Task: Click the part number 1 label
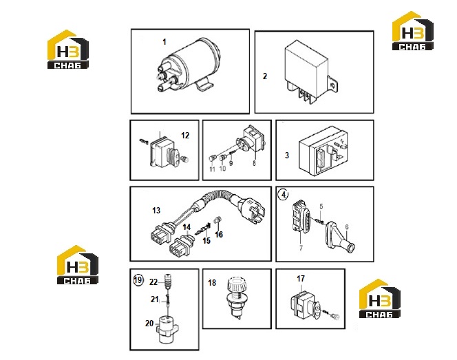164,42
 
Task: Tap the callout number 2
265,76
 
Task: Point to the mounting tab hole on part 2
333,85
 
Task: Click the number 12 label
185,135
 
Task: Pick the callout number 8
254,163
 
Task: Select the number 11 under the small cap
212,169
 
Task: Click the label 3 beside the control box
287,155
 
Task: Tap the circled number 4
284,194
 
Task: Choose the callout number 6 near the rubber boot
347,226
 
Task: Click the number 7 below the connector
301,248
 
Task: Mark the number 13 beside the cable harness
156,210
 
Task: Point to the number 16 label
219,234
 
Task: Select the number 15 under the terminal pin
206,240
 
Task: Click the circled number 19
138,280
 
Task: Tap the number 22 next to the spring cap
153,282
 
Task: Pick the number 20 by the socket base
149,324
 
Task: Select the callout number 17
301,279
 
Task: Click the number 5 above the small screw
321,207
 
